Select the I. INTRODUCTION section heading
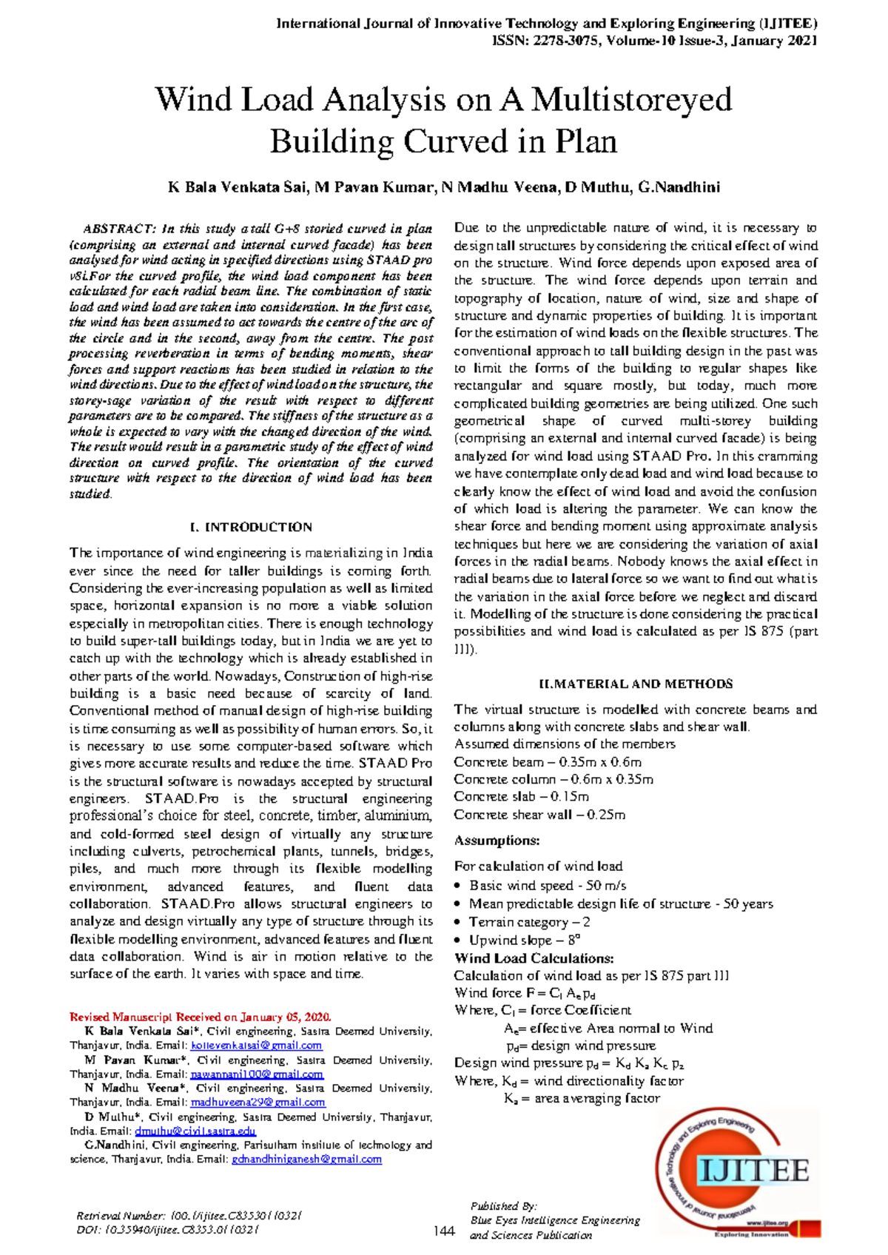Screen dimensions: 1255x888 pyautogui.click(x=251, y=528)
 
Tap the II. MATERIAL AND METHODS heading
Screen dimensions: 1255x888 pyautogui.click(x=636, y=684)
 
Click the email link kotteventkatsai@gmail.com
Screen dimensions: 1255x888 pyautogui.click(x=256, y=1046)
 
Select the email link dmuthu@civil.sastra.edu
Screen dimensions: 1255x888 pyautogui.click(x=195, y=1131)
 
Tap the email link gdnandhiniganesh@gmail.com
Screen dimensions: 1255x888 pyautogui.click(x=306, y=1160)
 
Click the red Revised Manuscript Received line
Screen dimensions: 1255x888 pyautogui.click(x=200, y=1017)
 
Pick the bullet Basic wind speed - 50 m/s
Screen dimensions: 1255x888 pyautogui.click(x=548, y=886)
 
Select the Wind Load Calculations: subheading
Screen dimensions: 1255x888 pyautogui.click(x=534, y=958)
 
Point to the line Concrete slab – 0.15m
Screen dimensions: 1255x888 pyautogui.click(x=521, y=797)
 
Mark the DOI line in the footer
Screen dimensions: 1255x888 pyautogui.click(x=167, y=1230)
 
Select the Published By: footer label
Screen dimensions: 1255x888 pyautogui.click(x=503, y=1205)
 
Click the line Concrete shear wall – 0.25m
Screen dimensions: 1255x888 pyautogui.click(x=539, y=815)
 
